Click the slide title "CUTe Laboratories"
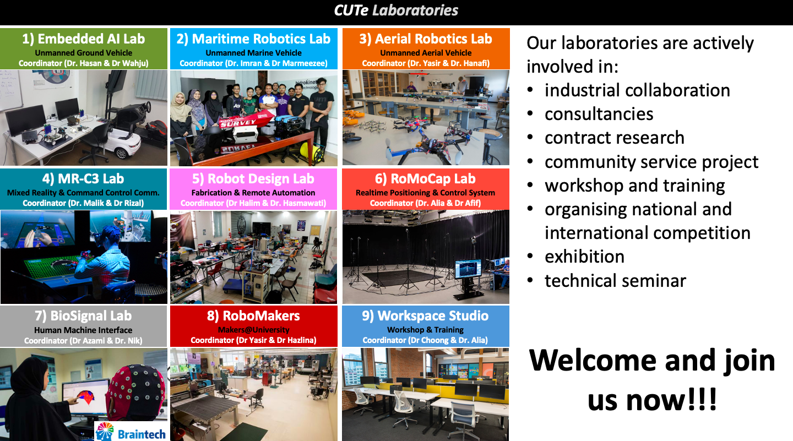[396, 10]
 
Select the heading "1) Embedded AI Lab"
[84, 39]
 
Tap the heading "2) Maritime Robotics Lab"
[253, 39]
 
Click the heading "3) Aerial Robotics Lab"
[426, 39]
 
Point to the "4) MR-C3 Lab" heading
[83, 179]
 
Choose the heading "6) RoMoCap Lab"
[425, 179]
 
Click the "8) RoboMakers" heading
[253, 315]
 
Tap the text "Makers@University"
[253, 330]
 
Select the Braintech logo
[131, 432]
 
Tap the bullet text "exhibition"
[584, 256]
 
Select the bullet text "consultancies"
[599, 114]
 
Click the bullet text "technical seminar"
[615, 281]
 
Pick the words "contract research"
[615, 138]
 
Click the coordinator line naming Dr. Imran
[253, 63]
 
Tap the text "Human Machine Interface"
[83, 330]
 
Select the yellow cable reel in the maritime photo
[311, 153]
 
